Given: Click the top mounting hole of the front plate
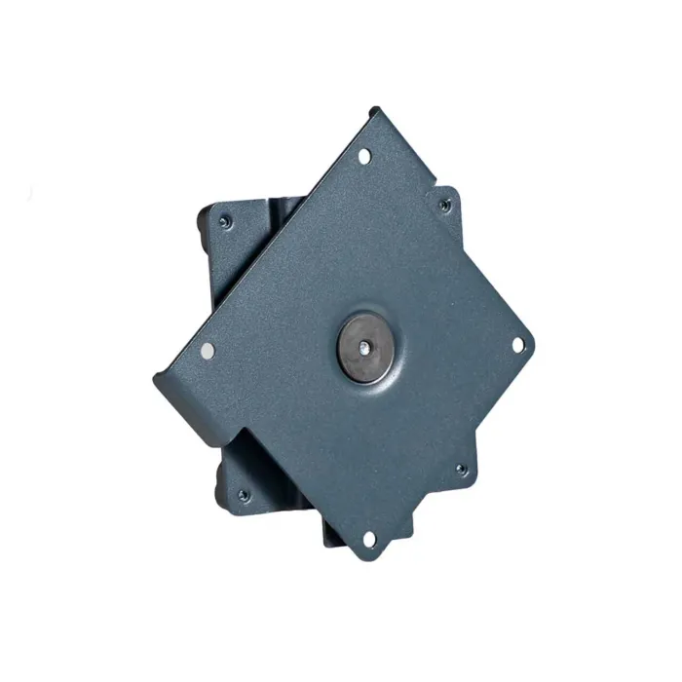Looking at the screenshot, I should tap(364, 156).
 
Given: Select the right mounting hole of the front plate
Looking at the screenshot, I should tap(517, 344).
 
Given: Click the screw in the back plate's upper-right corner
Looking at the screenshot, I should tap(445, 206).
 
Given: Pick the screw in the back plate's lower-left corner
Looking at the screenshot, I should tap(245, 497).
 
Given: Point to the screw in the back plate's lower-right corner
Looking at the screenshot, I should tap(463, 471).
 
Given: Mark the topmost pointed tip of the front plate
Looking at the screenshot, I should tap(374, 109).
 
